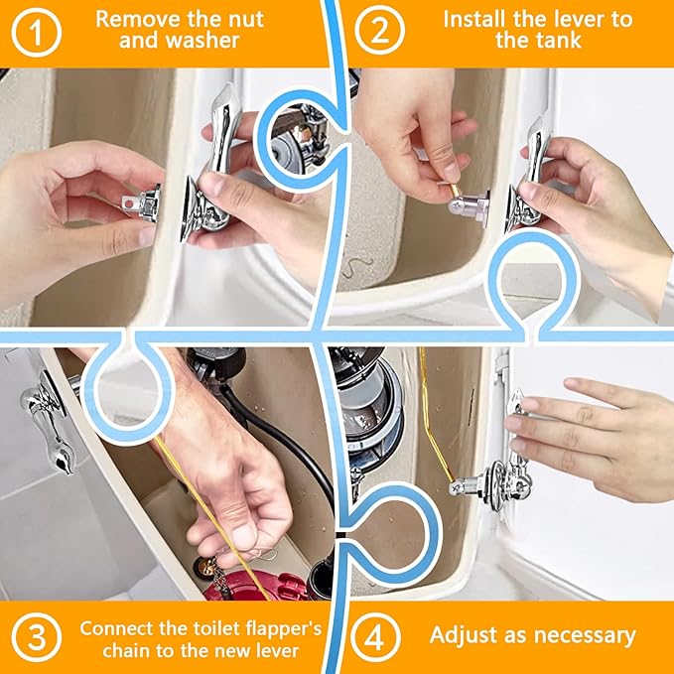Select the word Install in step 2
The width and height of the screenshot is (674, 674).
475,18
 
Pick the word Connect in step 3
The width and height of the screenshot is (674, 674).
117,627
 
